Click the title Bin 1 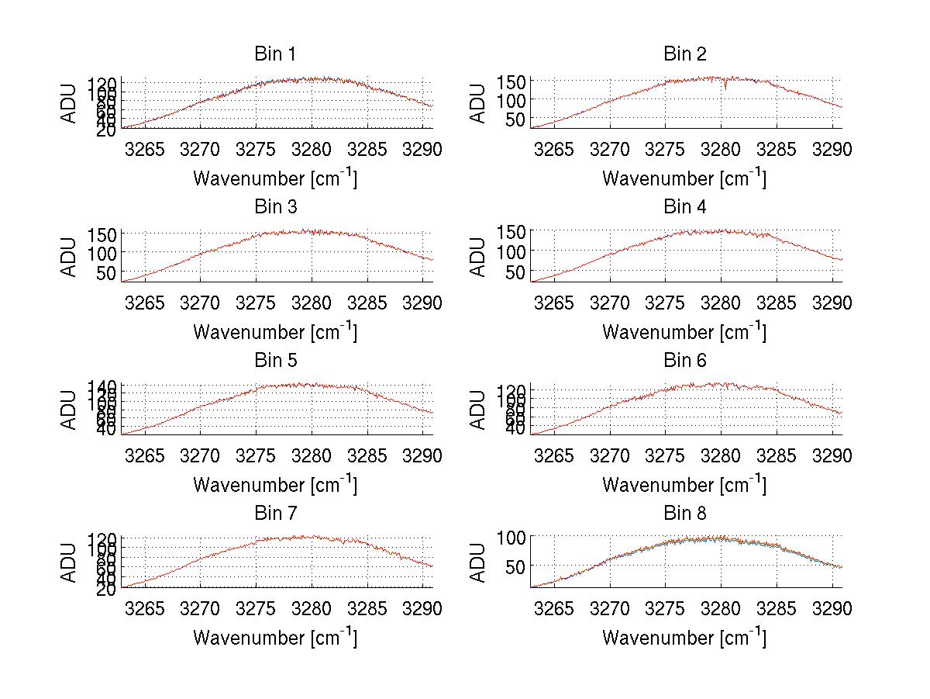(274, 54)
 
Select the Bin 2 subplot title (684, 54)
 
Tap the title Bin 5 (274, 361)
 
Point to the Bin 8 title (684, 514)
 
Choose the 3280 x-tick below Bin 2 (721, 149)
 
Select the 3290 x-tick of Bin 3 (422, 303)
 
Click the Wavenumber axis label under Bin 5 (274, 485)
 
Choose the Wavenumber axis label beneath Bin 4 (684, 332)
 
